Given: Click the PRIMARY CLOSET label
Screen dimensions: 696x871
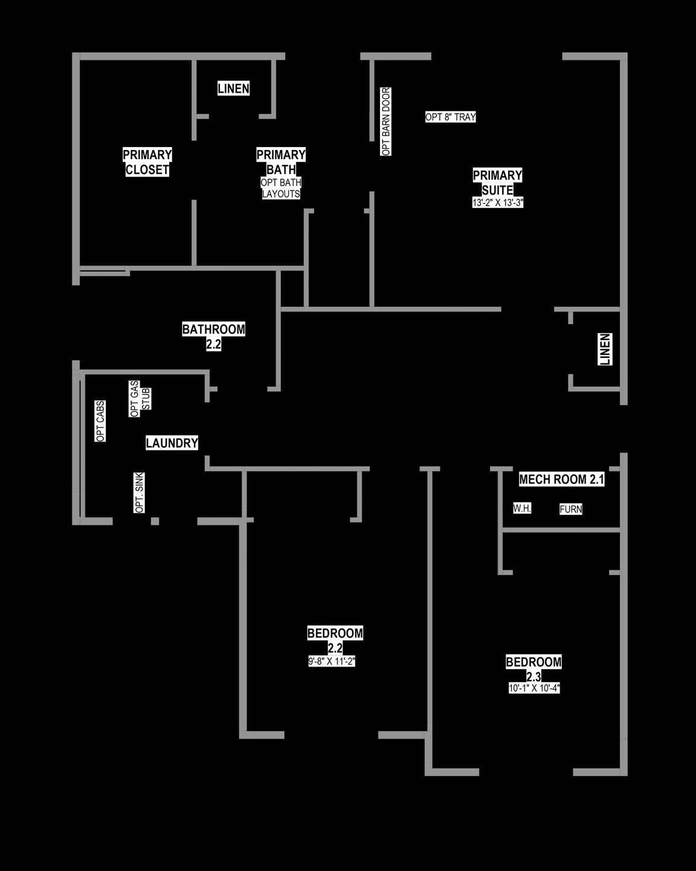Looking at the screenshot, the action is [x=147, y=162].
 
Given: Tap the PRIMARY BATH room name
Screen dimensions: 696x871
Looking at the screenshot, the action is [x=281, y=162].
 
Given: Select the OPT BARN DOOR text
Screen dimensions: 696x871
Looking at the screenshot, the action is [x=386, y=121].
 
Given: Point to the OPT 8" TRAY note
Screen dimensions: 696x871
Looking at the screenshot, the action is [x=451, y=117].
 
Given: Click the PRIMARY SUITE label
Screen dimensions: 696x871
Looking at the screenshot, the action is [x=497, y=183].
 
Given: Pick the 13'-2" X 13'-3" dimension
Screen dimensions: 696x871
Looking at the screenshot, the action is [x=498, y=203].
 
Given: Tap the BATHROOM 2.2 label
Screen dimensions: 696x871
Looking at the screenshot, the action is [x=213, y=336].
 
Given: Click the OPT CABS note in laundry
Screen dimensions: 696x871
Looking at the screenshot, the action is [x=100, y=422].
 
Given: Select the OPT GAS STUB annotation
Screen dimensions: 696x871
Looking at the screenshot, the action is [x=140, y=399].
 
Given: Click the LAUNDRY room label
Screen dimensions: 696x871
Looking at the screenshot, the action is [x=172, y=443].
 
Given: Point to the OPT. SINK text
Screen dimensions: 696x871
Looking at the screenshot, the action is [x=139, y=492].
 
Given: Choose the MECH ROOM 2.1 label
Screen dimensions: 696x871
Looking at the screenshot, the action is [x=562, y=480].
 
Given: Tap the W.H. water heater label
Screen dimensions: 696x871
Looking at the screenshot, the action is [x=522, y=508].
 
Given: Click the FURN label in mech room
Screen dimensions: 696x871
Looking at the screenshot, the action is [x=571, y=509].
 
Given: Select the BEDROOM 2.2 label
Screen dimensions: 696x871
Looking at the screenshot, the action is [x=335, y=640].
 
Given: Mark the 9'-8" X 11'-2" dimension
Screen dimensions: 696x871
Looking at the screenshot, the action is [x=332, y=661].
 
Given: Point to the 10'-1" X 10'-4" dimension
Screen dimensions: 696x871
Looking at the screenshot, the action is [x=534, y=688].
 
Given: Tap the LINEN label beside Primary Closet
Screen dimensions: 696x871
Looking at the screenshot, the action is [x=233, y=89].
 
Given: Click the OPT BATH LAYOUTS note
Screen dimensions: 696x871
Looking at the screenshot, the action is [x=281, y=188].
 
